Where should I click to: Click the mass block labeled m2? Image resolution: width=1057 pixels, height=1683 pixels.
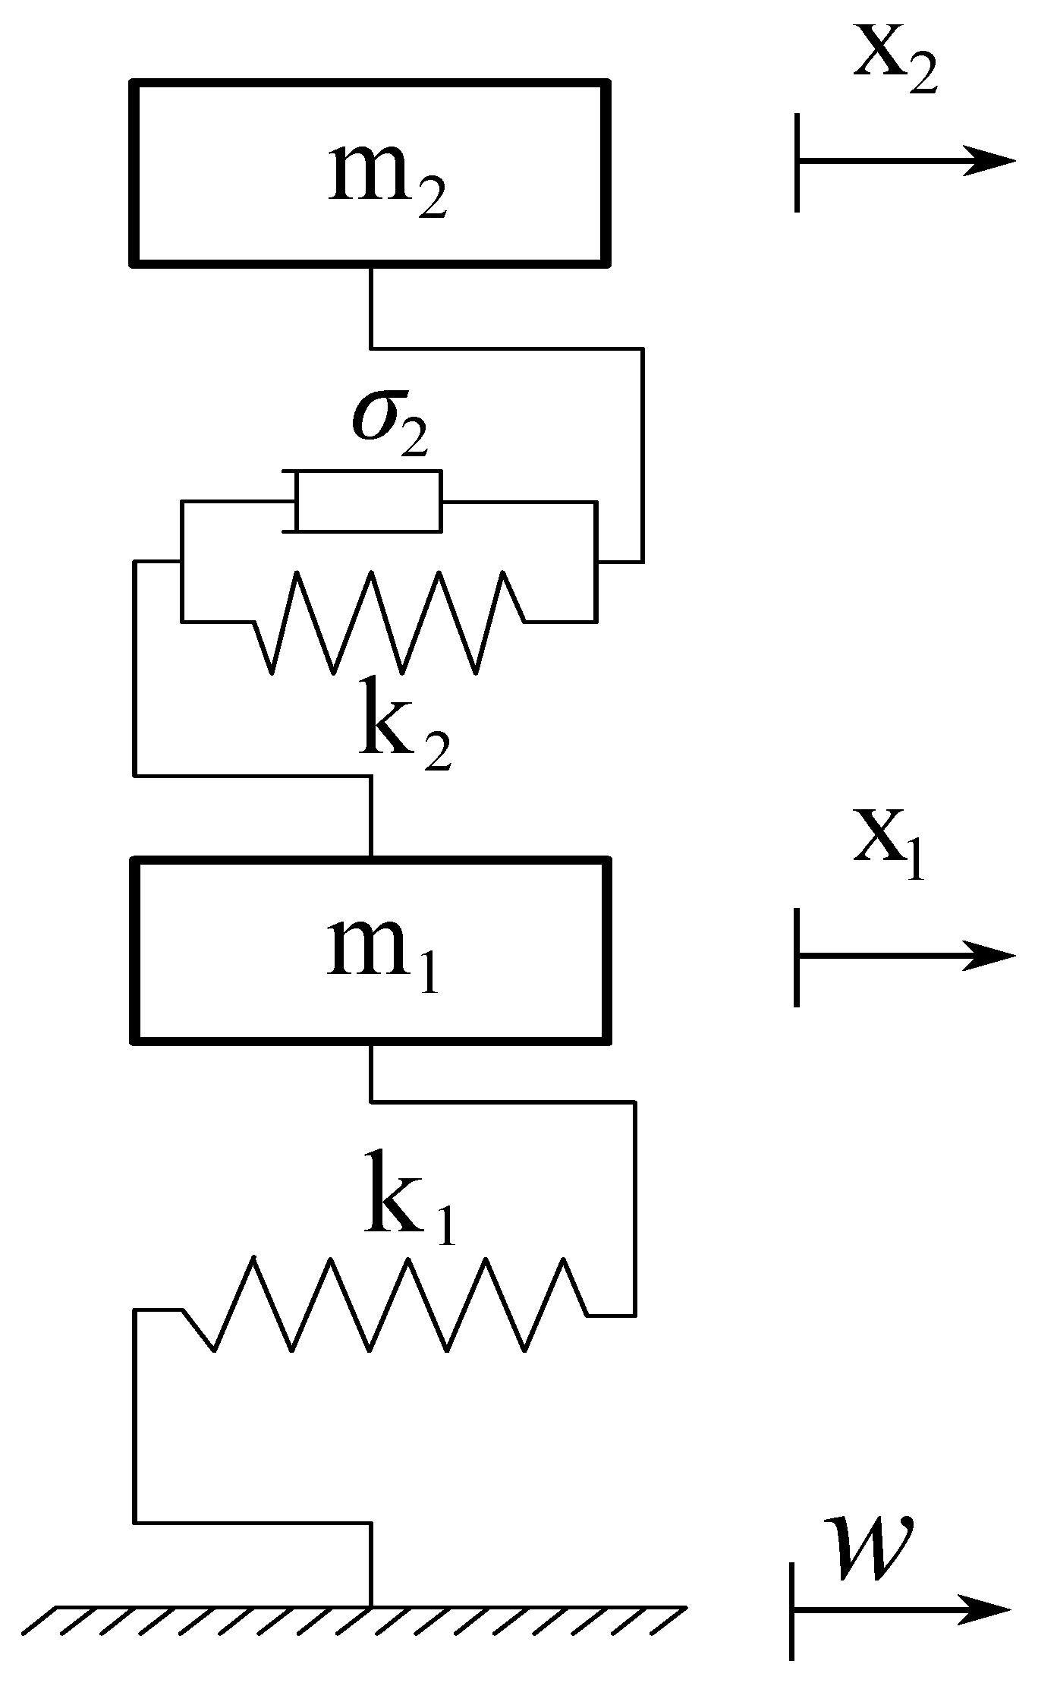point(370,173)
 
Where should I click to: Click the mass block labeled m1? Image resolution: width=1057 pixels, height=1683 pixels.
point(370,950)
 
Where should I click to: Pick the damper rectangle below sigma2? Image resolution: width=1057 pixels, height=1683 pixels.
point(369,502)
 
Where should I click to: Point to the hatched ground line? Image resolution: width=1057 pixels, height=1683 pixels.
point(357,1618)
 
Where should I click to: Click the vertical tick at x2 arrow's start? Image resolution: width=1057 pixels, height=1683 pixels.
point(797,162)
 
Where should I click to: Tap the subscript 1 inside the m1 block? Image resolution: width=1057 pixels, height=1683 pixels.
point(427,979)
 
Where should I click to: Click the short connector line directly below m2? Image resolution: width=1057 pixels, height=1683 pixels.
point(370,306)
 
